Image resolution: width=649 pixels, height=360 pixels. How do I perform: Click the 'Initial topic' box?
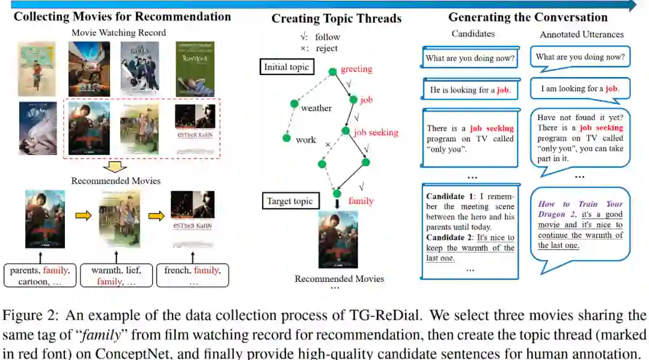pyautogui.click(x=287, y=67)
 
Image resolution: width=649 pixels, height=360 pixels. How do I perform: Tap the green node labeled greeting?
pyautogui.click(x=332, y=72)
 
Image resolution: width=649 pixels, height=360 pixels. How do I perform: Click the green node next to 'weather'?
pyautogui.click(x=294, y=104)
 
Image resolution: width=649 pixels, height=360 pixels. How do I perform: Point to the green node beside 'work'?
pyautogui.click(x=287, y=138)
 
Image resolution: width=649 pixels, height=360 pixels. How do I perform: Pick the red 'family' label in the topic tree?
pyautogui.click(x=361, y=201)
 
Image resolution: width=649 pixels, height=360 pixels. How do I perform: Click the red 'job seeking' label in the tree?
pyautogui.click(x=376, y=132)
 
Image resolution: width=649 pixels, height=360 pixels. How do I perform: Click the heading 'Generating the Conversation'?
pyautogui.click(x=528, y=17)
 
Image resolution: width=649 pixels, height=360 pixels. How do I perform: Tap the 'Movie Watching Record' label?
pyautogui.click(x=119, y=32)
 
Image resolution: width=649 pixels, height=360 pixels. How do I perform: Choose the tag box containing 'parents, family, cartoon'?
pyautogui.click(x=40, y=276)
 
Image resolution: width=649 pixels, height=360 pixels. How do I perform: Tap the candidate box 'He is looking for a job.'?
pyautogui.click(x=471, y=90)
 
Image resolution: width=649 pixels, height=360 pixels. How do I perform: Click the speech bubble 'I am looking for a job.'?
pyautogui.click(x=579, y=89)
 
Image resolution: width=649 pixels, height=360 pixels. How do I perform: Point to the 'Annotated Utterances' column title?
pyautogui.click(x=581, y=35)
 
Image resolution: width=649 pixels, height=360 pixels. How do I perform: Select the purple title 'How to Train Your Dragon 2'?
pyautogui.click(x=580, y=209)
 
